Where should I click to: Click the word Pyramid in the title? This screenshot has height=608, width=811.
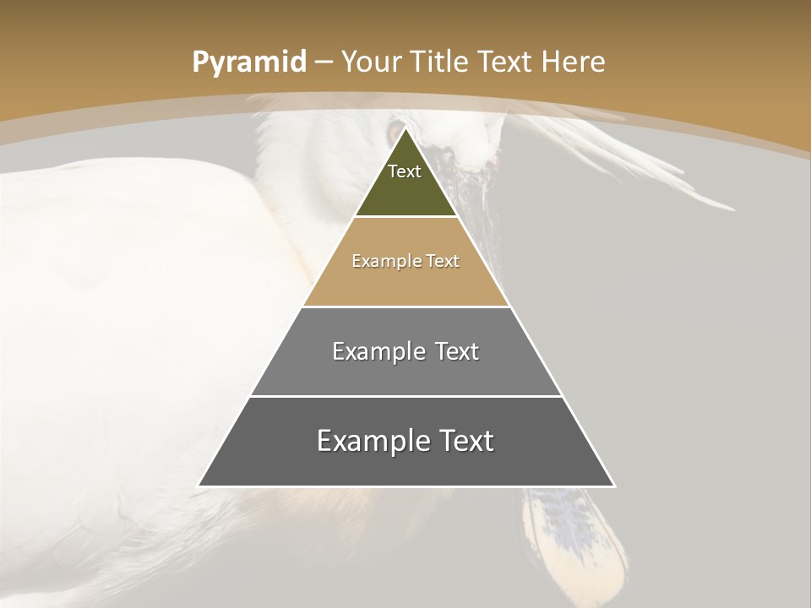pyautogui.click(x=248, y=62)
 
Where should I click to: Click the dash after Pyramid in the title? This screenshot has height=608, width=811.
pyautogui.click(x=324, y=62)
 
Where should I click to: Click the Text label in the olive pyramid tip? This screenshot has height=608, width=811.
pyautogui.click(x=405, y=171)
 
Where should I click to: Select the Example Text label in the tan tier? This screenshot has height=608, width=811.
pyautogui.click(x=405, y=261)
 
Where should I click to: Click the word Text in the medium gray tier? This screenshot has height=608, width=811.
pyautogui.click(x=457, y=351)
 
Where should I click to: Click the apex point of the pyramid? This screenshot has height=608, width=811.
pyautogui.click(x=405, y=128)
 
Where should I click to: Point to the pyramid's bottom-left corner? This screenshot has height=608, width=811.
pyautogui.click(x=199, y=486)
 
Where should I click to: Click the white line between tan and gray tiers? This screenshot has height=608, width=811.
pyautogui.click(x=405, y=307)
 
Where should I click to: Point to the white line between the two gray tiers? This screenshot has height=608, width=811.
pyautogui.click(x=405, y=396)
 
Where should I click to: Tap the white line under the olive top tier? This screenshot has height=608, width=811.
pyautogui.click(x=405, y=217)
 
